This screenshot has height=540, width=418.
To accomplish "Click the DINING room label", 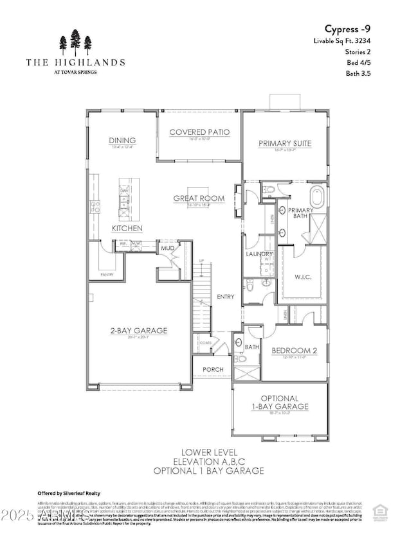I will click(x=122, y=141).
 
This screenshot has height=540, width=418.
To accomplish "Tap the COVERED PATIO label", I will click(x=199, y=132).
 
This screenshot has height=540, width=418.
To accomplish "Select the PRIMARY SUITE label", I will click(x=285, y=144).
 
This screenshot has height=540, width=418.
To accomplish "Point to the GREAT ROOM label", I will click(x=199, y=198).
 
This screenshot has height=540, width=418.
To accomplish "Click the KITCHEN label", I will click(x=127, y=229).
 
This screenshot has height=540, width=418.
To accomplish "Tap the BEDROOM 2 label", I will click(x=292, y=351).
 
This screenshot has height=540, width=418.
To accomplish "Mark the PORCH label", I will click(x=212, y=370).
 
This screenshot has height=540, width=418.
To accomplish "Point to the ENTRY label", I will click(x=225, y=297).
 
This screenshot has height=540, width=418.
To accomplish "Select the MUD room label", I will click(x=168, y=247).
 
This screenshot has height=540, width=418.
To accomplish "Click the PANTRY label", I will click(x=106, y=274).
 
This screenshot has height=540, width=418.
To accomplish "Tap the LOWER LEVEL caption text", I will click(x=208, y=452).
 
